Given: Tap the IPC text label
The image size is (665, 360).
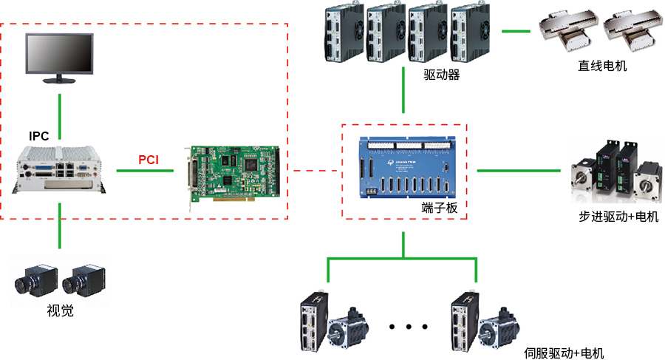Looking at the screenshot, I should point(39,136).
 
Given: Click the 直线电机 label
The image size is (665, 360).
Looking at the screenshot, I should point(602,66).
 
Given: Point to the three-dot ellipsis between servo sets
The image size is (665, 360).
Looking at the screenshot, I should point(408,326).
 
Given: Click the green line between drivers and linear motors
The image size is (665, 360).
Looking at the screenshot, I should point(516,31).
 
